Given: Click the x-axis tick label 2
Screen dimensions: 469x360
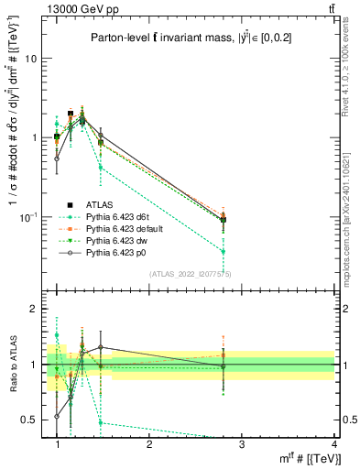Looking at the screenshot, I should pyautogui.click(x=149, y=443).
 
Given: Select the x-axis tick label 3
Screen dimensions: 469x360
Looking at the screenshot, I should pyautogui.click(x=242, y=443).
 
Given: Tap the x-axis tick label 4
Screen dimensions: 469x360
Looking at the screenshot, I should pyautogui.click(x=333, y=443).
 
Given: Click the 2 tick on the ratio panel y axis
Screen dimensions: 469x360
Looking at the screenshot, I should pyautogui.click(x=33, y=310).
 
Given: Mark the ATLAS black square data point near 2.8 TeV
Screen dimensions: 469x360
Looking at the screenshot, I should pyautogui.click(x=224, y=220).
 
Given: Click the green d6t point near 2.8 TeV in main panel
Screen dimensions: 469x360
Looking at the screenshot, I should pyautogui.click(x=224, y=252).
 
